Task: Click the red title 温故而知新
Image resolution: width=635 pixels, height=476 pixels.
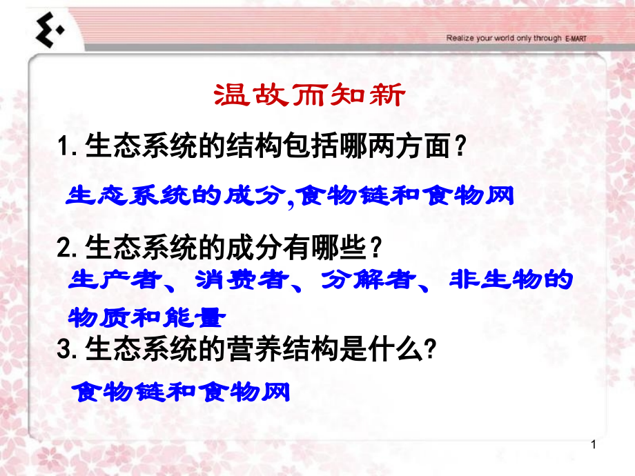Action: pos(308,96)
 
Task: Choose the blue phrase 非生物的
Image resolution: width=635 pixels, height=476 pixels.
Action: pos(511,282)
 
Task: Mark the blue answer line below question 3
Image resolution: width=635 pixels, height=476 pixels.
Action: pos(182,393)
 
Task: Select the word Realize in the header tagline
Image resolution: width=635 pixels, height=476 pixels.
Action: pos(461,39)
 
